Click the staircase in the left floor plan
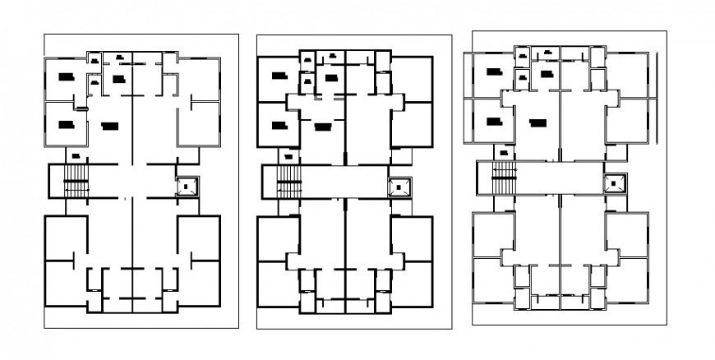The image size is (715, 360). [75, 181]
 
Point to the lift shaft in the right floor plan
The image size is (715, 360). [615, 183]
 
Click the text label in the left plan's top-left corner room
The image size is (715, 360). [65, 76]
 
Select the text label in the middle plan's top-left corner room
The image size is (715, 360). [278, 76]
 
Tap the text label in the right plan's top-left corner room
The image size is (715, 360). [492, 73]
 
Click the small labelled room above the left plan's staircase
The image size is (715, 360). [75, 155]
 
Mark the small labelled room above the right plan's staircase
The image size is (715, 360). [502, 151]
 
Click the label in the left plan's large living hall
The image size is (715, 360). [108, 126]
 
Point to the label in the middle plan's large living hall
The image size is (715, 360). [321, 126]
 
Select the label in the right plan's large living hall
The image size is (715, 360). [537, 122]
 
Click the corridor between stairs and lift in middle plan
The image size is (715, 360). [345, 181]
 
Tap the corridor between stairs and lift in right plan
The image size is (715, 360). [560, 177]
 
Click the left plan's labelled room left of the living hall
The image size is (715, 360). [65, 124]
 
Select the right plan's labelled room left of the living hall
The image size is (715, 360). [492, 122]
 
